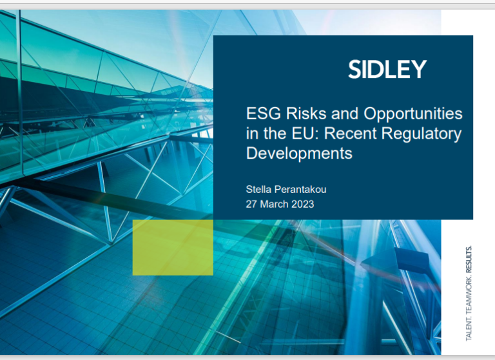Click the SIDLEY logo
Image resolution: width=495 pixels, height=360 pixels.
tap(387, 69)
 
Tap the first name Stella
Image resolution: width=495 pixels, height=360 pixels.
tap(258, 189)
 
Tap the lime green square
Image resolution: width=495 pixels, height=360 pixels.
tap(173, 247)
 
